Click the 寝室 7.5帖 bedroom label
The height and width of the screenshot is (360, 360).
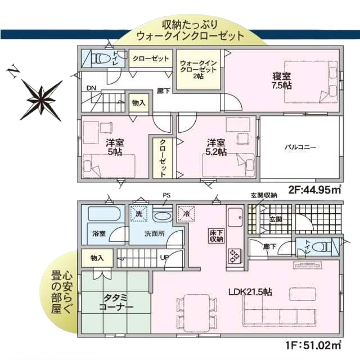pos(282,81)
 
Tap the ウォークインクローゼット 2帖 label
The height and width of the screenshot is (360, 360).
pos(199,70)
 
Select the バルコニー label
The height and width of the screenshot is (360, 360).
pos(300,147)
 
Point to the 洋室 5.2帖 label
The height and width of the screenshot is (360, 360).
pos(216,147)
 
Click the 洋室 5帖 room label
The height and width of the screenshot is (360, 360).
pos(115,147)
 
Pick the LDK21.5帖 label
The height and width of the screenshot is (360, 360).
pos(250,292)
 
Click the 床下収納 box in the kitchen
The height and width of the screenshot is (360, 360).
pos(216,236)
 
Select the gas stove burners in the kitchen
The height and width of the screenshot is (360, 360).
pos(235,256)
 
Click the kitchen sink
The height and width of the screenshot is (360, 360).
pos(235,217)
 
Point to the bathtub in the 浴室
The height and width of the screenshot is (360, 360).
pos(104,214)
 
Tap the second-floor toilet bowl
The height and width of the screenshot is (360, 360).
pos(101,58)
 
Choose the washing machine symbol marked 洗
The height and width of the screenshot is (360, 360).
pos(139,214)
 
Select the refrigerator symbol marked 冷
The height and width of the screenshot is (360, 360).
pos(187,214)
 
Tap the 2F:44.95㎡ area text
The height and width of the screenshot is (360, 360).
pos(314,190)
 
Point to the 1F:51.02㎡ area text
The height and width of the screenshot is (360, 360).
pos(313,344)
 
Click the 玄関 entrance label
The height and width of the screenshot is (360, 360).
pos(276,219)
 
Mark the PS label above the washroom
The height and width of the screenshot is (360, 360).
pos(166,195)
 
